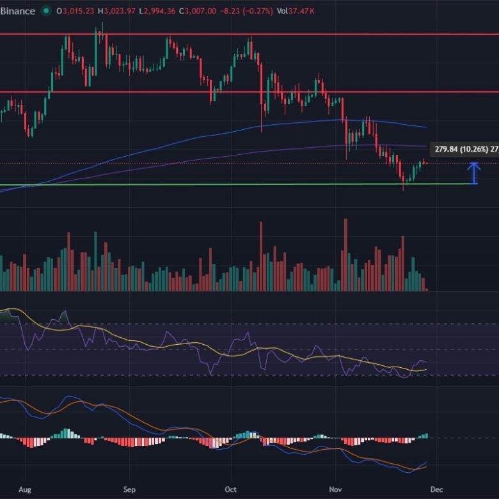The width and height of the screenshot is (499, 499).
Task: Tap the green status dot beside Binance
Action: tap(45, 11)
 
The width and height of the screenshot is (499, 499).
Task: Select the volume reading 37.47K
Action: tap(299, 11)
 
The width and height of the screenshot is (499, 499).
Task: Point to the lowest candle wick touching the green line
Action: tap(404, 188)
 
